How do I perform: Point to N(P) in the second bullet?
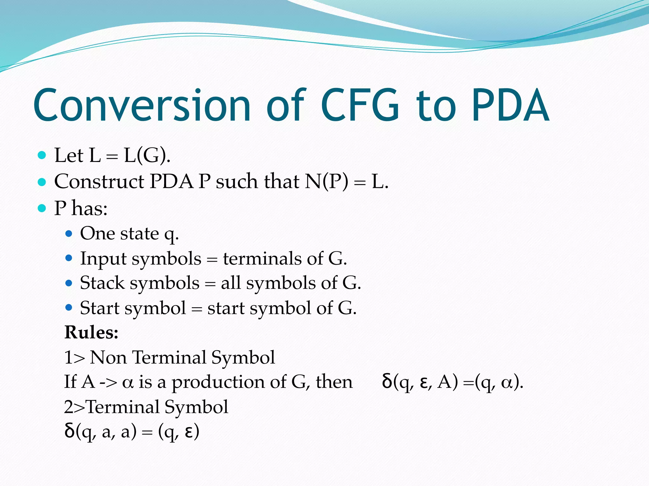tap(326, 182)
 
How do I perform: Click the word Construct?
tap(99, 182)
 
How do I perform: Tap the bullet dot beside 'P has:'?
tap(42, 208)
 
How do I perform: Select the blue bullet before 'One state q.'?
tap(68, 234)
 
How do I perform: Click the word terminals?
tap(262, 259)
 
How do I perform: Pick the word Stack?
tap(102, 283)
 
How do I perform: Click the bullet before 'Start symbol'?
tap(68, 308)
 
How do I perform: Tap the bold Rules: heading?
tap(91, 332)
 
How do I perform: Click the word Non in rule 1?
tap(108, 358)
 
